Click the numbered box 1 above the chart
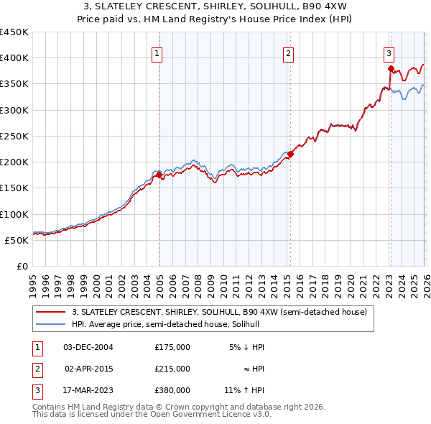coord(157,52)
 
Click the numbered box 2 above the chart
coord(288,52)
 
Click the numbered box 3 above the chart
coord(389,52)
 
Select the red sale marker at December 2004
coord(159,175)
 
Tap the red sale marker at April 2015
coord(290,154)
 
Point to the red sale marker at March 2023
coord(391,69)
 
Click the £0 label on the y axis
coord(22,266)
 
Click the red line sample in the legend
coord(52,312)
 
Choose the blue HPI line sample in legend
coord(52,324)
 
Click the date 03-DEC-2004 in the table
coord(88,347)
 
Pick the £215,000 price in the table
coord(172,369)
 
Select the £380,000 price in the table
coord(172,390)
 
